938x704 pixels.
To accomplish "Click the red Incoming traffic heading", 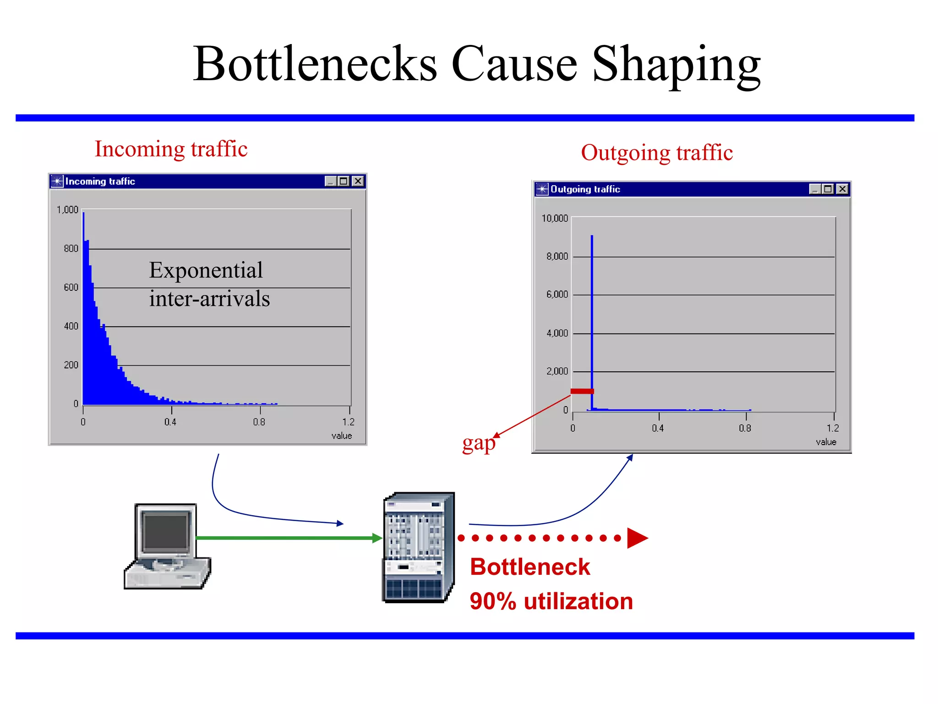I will [171, 149].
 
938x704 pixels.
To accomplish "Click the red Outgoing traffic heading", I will [657, 153].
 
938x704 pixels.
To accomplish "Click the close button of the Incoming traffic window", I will [358, 181].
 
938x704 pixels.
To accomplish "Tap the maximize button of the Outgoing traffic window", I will [828, 189].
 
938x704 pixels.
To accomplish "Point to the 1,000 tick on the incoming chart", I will [67, 210].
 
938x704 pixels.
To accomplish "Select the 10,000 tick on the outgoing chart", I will [554, 218].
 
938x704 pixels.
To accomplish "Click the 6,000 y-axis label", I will [556, 294].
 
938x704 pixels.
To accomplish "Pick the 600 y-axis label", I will [71, 287].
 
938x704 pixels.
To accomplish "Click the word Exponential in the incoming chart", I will [206, 270].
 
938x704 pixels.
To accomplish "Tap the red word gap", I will [478, 443].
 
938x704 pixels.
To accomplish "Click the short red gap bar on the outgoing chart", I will [582, 391].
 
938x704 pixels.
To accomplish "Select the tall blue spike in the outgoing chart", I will [592, 321].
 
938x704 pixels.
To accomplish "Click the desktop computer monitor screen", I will [166, 532].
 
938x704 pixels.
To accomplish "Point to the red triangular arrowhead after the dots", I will [637, 538].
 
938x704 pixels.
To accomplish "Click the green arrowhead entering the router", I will [377, 538].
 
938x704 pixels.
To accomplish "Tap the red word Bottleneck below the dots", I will [530, 567].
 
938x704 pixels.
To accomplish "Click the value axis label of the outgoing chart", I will [826, 442].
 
